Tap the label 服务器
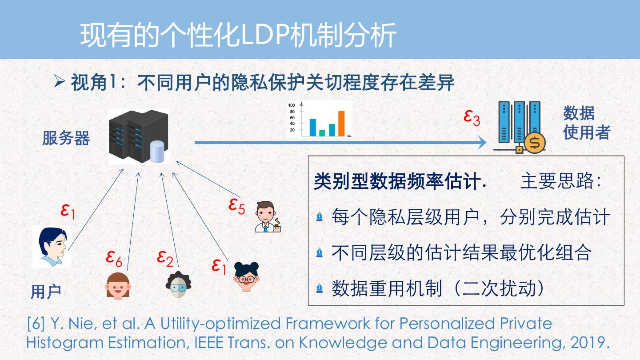coord(66,138)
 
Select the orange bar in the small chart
coord(341,123)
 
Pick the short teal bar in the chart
coord(322,132)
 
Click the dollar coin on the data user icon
coord(535,143)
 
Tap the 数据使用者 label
coord(586,123)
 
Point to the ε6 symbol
coord(114,257)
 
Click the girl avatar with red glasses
coord(247,276)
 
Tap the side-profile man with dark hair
coord(52,246)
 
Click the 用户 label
coord(46,292)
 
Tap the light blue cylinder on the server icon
coord(157,152)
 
